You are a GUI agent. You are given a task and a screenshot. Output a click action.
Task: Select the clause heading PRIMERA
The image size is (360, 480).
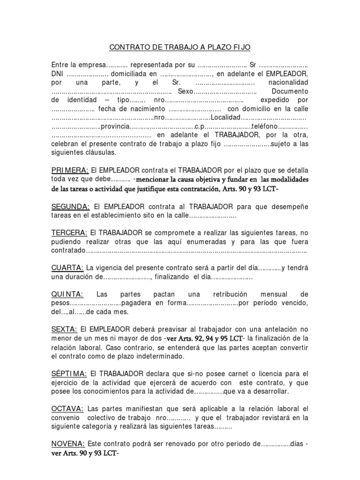point(69,170)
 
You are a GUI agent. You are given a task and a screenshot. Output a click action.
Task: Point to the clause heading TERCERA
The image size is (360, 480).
point(69,232)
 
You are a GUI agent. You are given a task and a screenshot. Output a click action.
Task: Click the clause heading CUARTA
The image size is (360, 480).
point(67,268)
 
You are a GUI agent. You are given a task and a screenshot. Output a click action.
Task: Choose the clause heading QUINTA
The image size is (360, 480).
point(67,294)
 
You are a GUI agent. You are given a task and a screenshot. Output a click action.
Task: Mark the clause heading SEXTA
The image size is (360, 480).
point(64,330)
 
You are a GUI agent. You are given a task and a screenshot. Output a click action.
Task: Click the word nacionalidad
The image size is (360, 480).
point(288,82)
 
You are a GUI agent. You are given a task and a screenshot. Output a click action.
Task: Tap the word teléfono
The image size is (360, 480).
point(265,127)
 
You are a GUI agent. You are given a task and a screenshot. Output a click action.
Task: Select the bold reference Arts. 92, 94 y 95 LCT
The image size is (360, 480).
point(205,338)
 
